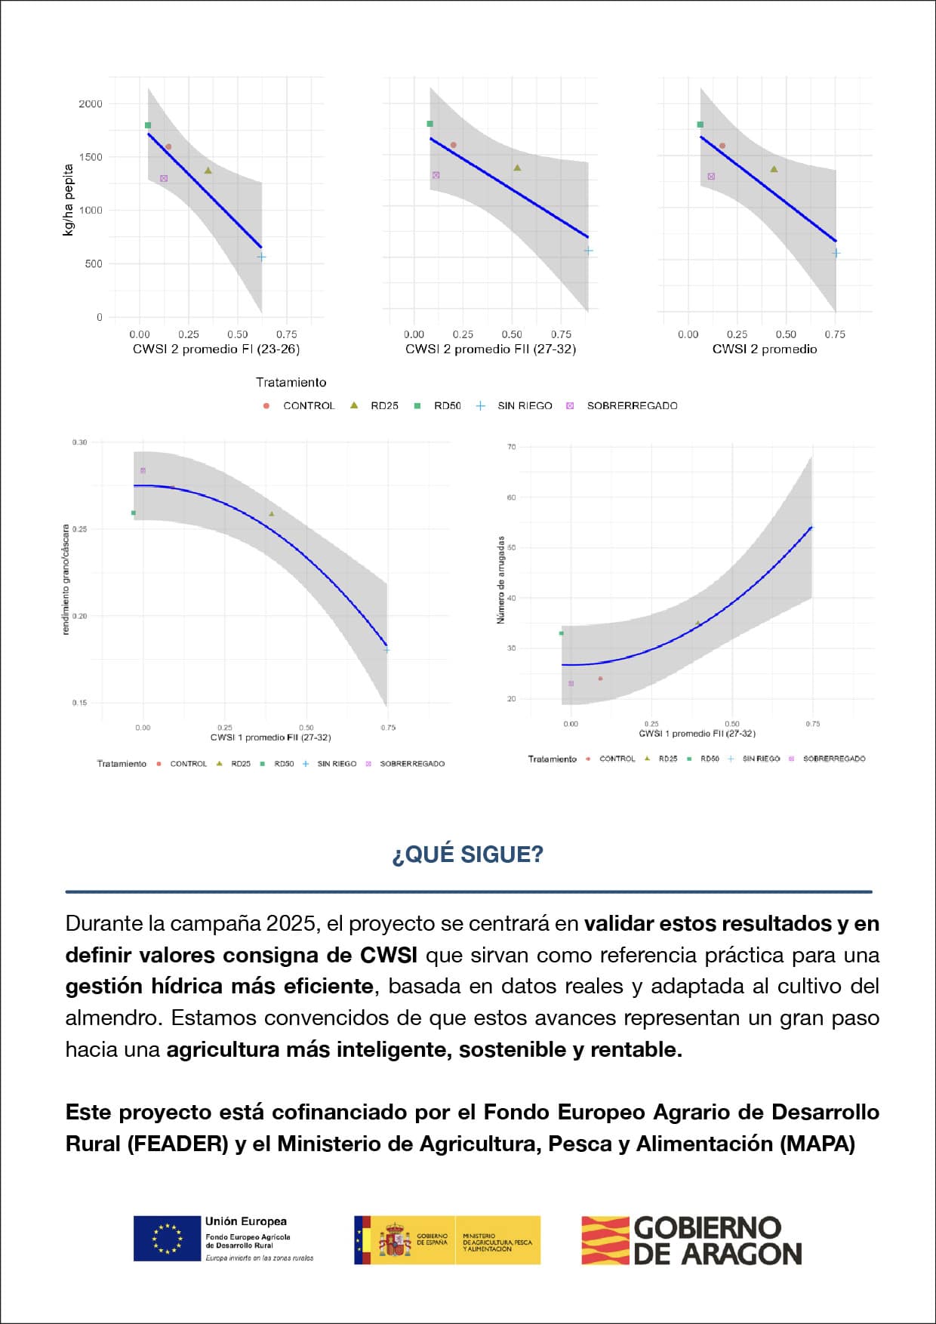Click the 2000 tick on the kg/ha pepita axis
[x=91, y=104]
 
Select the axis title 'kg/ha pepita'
[x=69, y=200]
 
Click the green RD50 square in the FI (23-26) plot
[x=148, y=125]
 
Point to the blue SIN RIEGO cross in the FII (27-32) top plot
[x=588, y=251]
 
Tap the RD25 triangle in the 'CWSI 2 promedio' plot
[x=774, y=169]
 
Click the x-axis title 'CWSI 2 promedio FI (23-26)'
[x=216, y=349]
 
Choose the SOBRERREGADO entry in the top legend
[x=632, y=406]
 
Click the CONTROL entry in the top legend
[x=308, y=406]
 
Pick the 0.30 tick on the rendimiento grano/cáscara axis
[x=79, y=442]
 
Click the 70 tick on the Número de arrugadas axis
[x=512, y=447]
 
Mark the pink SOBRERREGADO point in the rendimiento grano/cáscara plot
[x=143, y=471]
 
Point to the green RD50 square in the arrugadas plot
[x=561, y=633]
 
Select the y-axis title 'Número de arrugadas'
[x=500, y=580]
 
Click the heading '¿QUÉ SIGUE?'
[x=467, y=854]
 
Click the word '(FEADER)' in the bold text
[x=177, y=1144]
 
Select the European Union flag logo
[x=167, y=1238]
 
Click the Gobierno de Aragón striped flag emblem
[x=605, y=1240]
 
